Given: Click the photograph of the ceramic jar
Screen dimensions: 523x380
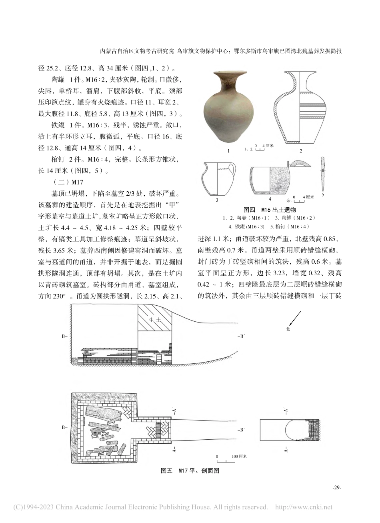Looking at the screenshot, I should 228,107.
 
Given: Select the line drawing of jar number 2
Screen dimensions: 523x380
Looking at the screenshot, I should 300,107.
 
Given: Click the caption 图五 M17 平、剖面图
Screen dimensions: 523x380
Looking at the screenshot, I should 190,471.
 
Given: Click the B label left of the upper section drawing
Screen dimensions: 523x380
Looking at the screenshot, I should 64,337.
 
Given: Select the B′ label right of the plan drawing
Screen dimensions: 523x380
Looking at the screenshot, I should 241,430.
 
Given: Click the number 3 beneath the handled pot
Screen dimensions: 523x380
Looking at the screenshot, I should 216,200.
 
